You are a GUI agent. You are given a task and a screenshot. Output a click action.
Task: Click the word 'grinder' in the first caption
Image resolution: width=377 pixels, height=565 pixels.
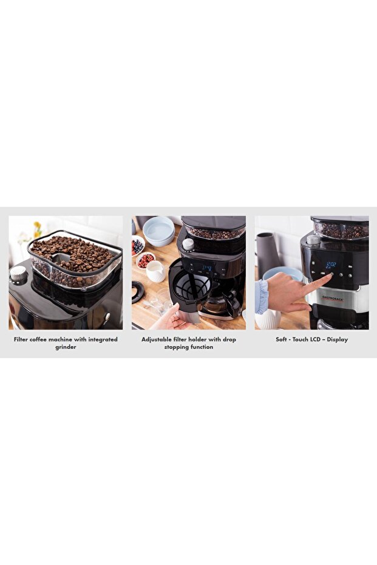click(66, 347)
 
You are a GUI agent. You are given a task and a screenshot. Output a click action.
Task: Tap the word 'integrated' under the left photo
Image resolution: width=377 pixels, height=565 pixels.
click(103, 339)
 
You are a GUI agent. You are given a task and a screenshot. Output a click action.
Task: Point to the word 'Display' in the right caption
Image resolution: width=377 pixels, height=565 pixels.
click(338, 339)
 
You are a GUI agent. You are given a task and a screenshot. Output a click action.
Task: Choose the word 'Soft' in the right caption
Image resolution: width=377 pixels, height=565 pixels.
click(281, 339)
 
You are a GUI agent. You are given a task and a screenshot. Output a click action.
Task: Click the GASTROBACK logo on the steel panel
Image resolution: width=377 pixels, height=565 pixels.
click(332, 298)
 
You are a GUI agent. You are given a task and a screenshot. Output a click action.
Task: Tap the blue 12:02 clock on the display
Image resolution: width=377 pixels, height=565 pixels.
click(331, 265)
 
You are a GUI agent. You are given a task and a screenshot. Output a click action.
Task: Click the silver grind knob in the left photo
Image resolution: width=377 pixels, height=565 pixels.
click(18, 274)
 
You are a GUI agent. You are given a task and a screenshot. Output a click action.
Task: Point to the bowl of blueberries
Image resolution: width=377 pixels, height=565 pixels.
click(137, 246)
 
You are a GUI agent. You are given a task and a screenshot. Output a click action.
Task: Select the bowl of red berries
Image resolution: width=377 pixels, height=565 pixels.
click(146, 260)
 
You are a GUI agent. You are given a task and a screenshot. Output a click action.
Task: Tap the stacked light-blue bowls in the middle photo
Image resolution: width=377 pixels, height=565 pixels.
click(159, 231)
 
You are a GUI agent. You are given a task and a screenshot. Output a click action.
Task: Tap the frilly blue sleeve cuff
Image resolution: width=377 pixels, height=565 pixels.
click(262, 297)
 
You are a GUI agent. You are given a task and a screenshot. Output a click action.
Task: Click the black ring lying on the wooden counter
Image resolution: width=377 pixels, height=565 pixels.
click(137, 291)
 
